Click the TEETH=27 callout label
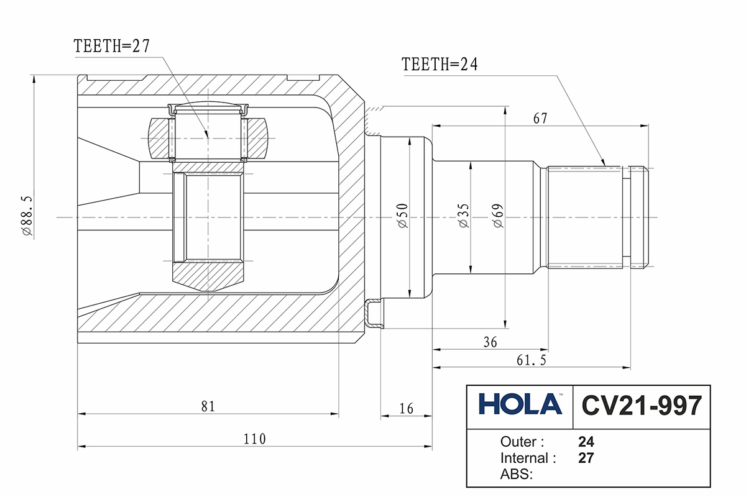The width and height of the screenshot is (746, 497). coord(112,46)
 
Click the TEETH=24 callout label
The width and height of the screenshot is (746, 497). coord(440,65)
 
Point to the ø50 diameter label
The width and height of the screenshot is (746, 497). coord(402,216)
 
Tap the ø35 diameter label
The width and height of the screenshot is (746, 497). coord(463,216)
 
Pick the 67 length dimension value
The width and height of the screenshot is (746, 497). coord(540,119)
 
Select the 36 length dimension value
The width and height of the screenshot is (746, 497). coord(489,342)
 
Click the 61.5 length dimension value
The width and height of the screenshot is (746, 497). coord(530,361)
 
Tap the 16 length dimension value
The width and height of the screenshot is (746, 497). coord(406,408)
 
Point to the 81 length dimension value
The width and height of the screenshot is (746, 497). coord(208,407)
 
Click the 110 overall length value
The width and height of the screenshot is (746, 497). coord(254,439)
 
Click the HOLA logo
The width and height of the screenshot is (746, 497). coord(520,404)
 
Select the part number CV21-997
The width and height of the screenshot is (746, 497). coord(641,406)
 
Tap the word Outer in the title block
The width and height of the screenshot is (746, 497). coord(522,442)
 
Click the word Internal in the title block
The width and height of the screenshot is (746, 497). coord(528,458)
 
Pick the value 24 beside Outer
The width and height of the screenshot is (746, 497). coord(586,442)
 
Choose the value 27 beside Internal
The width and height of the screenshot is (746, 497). coord(586,458)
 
